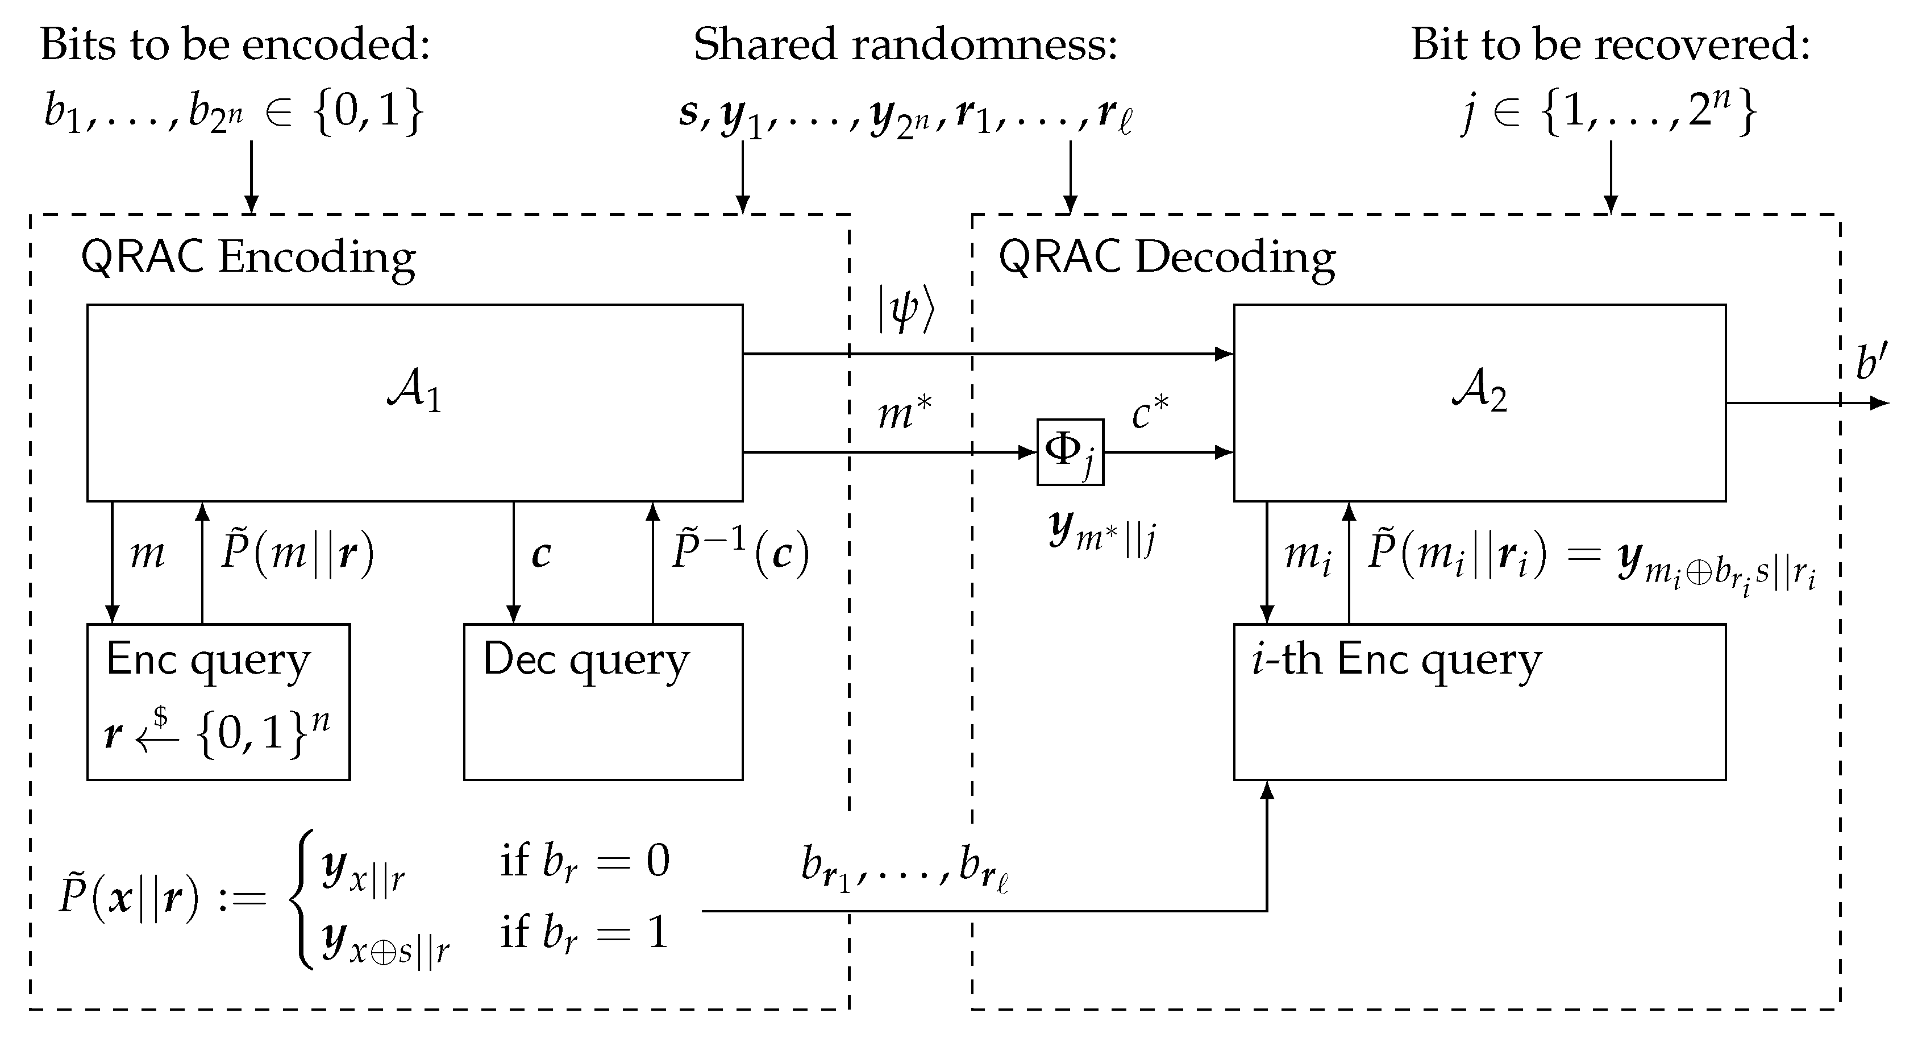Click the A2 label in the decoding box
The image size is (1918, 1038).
(x=1479, y=392)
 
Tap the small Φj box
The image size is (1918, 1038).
(x=1070, y=452)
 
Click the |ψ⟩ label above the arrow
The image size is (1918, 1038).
(x=905, y=310)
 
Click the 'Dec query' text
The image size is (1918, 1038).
(x=586, y=661)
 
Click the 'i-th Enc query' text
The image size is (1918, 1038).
(x=1397, y=661)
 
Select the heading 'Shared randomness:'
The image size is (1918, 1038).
(x=905, y=45)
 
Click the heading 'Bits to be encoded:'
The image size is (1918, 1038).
(x=235, y=45)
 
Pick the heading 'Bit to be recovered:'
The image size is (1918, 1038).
(x=1610, y=45)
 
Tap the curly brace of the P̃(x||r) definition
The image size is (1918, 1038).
(x=303, y=899)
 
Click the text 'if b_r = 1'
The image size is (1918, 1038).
(x=584, y=933)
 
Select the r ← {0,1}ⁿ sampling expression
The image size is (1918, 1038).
(x=217, y=733)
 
